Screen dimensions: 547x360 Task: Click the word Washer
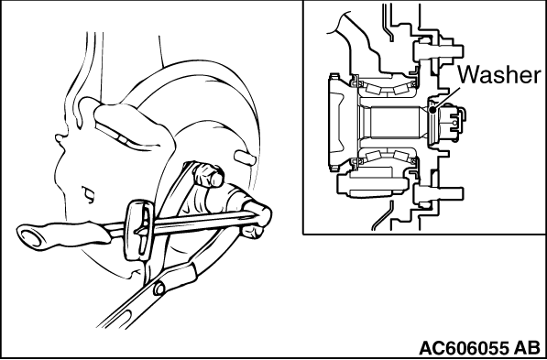[x=499, y=75]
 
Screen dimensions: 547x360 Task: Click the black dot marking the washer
[x=432, y=110]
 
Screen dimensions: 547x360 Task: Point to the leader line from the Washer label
[x=446, y=99]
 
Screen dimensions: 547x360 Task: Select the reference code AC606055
[x=464, y=348]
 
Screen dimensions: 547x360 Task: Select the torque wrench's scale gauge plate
[x=139, y=230]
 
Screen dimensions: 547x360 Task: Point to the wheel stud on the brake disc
[x=246, y=158]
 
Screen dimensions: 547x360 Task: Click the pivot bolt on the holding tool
[x=159, y=289]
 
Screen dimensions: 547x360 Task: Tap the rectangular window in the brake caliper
[x=122, y=137]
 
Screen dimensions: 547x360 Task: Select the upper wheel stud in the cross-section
[x=438, y=51]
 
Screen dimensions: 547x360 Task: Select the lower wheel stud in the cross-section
[x=438, y=194]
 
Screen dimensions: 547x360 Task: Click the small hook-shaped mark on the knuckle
[x=89, y=194]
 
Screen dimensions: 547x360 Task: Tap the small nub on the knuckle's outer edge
[x=60, y=138]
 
